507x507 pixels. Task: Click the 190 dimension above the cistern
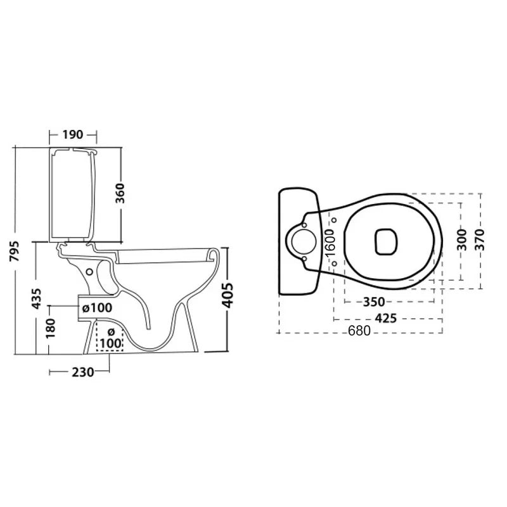click(73, 134)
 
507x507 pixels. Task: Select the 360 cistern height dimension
click(120, 193)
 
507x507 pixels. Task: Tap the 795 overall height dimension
click(15, 251)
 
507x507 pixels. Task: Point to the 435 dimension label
click(37, 298)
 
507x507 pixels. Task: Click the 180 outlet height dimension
click(51, 328)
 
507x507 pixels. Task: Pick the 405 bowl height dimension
click(228, 295)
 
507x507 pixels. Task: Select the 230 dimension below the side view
click(83, 372)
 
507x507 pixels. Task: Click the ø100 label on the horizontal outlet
click(98, 308)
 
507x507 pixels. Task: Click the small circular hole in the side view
click(89, 272)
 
